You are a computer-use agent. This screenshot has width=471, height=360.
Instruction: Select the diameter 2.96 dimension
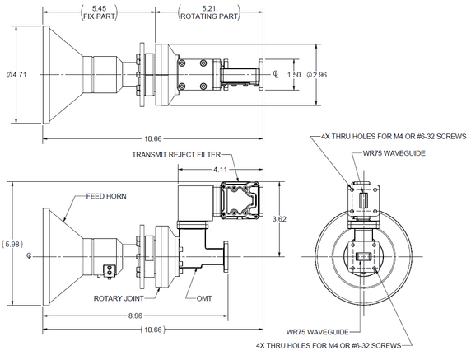pyautogui.click(x=318, y=75)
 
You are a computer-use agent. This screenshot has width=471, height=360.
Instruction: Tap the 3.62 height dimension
pyautogui.click(x=279, y=220)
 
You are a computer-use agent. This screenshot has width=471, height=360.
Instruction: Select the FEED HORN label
pyautogui.click(x=105, y=197)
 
